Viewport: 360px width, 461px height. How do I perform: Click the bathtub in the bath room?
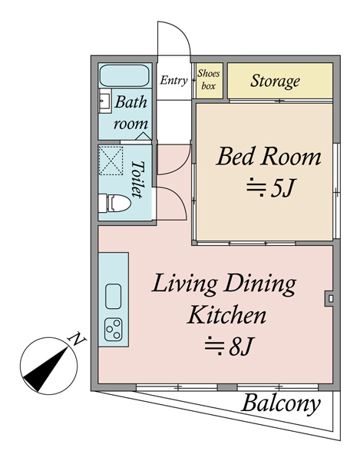pos(124,75)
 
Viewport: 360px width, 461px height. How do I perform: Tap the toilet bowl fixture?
pos(114,203)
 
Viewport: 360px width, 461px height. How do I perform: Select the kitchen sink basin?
pos(113,297)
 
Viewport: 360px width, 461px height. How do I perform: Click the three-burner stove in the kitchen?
pos(114,330)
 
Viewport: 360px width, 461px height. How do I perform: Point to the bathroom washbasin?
pos(104,101)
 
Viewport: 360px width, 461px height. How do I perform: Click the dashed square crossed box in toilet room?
pos(111,161)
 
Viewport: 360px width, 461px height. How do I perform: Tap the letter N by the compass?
pos(77,340)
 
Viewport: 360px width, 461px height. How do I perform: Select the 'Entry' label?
pos(173,80)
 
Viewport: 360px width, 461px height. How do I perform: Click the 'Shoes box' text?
pos(209,79)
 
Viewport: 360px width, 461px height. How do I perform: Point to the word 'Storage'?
pos(275,81)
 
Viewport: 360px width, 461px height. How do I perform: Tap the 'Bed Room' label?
pos(269,157)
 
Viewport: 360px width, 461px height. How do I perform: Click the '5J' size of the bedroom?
pos(282,188)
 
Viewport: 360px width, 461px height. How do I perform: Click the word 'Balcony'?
pos(281,403)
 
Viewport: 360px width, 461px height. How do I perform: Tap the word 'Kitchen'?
pos(226,315)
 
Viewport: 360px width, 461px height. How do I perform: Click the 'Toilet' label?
pos(137,179)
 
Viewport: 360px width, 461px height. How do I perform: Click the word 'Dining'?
pos(261,284)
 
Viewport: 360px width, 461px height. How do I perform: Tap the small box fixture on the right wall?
pos(329,298)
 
